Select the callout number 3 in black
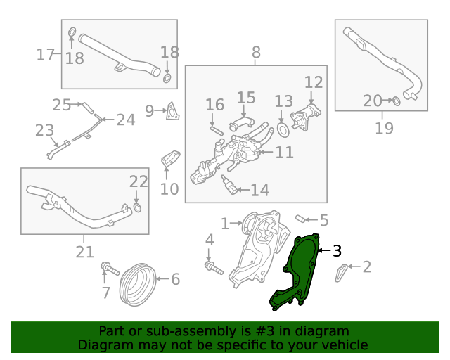coord(337,250)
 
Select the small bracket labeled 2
coord(340,275)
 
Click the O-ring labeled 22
coord(137,207)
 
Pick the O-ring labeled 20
coord(396,101)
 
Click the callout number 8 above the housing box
coord(256,51)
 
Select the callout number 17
coord(45,54)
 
